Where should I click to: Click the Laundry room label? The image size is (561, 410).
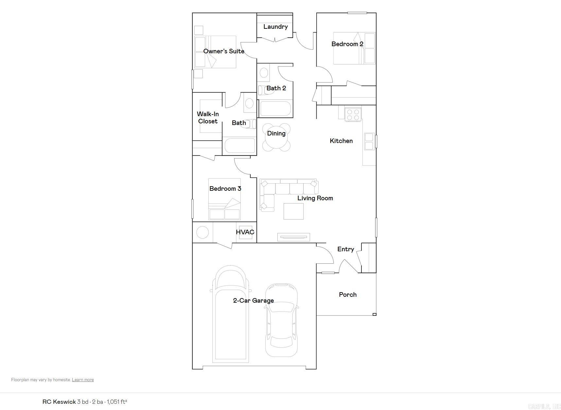point(275,27)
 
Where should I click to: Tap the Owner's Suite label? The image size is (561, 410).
point(224,51)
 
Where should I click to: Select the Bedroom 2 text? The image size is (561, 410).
point(347,44)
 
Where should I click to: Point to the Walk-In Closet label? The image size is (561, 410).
point(208,117)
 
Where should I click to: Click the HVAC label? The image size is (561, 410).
point(245,232)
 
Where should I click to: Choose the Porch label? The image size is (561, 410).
point(348,294)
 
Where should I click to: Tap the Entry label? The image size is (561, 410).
point(346,249)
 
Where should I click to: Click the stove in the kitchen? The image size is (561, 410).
point(353,114)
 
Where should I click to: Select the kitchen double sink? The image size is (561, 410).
point(369,141)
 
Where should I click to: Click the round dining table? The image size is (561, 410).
point(276,137)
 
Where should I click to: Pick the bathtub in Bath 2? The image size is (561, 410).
point(275,109)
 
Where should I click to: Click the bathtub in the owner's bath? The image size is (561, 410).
point(239,146)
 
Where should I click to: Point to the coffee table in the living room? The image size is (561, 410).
point(293,211)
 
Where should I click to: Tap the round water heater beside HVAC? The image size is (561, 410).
point(202,233)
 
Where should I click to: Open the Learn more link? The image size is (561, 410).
point(83,380)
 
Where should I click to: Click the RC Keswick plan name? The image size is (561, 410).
point(59,401)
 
